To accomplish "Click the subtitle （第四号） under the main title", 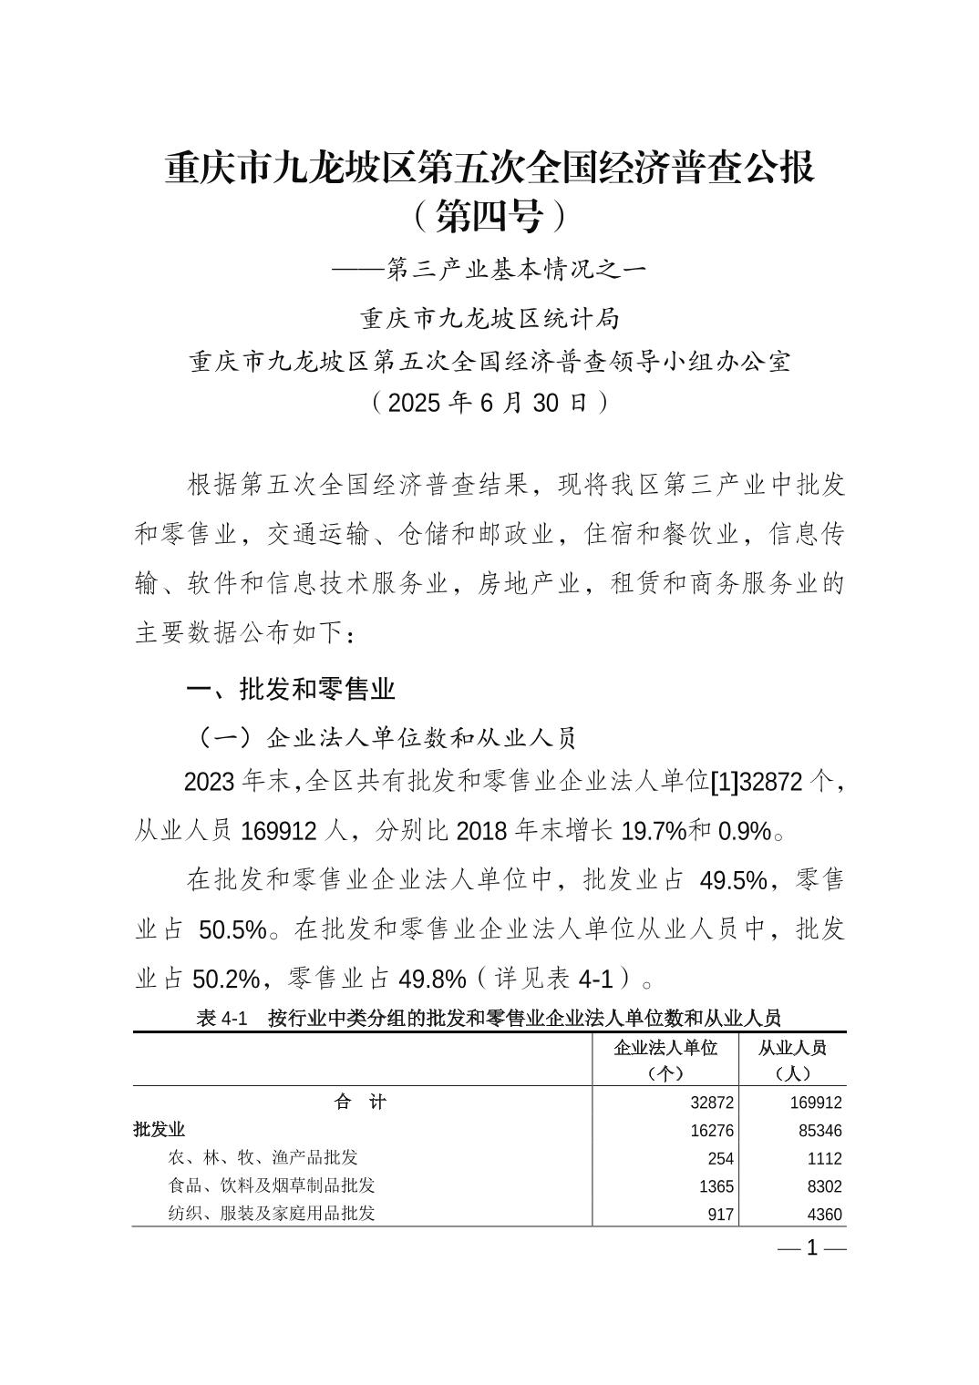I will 489,217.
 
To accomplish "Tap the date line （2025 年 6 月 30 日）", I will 489,403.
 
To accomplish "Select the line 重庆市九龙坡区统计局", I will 489,319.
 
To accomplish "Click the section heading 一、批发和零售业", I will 290,689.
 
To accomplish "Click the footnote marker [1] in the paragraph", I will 725,783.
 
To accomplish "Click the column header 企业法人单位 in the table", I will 665,1048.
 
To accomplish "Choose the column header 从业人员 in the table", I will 792,1048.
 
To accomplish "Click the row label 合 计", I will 361,1103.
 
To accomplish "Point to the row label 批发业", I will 160,1130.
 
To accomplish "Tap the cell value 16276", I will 712,1131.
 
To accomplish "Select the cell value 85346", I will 816,1131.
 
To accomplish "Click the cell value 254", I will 720,1159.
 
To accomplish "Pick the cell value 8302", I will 821,1186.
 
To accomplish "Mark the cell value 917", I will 720,1215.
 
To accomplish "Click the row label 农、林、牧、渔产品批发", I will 263,1158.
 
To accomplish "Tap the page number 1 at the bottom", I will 812,1248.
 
